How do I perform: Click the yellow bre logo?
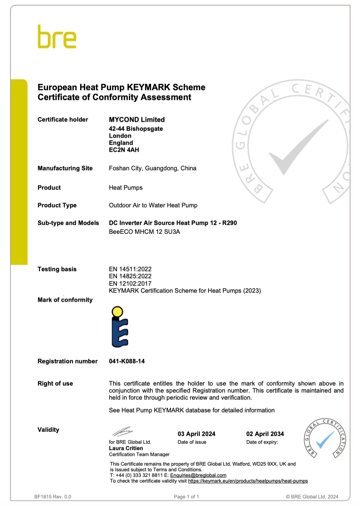point(57,37)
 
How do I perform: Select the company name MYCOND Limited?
point(137,120)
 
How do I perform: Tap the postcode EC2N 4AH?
point(124,150)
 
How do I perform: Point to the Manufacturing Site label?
point(65,168)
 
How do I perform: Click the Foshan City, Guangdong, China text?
point(152,168)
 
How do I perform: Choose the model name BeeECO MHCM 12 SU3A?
point(144,232)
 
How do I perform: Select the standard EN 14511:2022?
point(130,269)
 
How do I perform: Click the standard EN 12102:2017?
point(130,284)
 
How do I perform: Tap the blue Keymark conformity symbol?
point(119,327)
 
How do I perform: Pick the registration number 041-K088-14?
point(127,361)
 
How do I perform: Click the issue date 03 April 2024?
point(196,434)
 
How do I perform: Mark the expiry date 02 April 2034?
point(265,434)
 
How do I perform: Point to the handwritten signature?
point(122,432)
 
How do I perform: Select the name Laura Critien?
point(126,448)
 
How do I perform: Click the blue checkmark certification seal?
point(324,438)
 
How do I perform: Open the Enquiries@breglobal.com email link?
point(198,475)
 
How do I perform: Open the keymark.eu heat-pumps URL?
point(248,481)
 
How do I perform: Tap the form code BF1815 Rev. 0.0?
point(53,497)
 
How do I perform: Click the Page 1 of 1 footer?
point(186,497)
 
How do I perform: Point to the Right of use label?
point(55,384)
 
